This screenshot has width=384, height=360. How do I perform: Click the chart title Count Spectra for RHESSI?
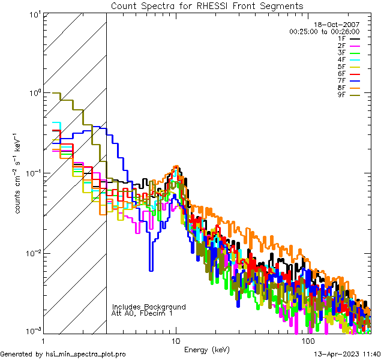(x=207, y=6)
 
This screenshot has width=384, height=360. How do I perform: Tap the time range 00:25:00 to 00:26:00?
(x=324, y=31)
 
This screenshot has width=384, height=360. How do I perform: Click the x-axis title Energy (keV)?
(x=207, y=350)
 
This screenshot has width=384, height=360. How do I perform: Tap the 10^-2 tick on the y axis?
(x=32, y=253)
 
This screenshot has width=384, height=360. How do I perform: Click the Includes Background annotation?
(x=148, y=307)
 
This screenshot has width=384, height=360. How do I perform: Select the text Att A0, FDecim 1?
(x=143, y=313)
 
